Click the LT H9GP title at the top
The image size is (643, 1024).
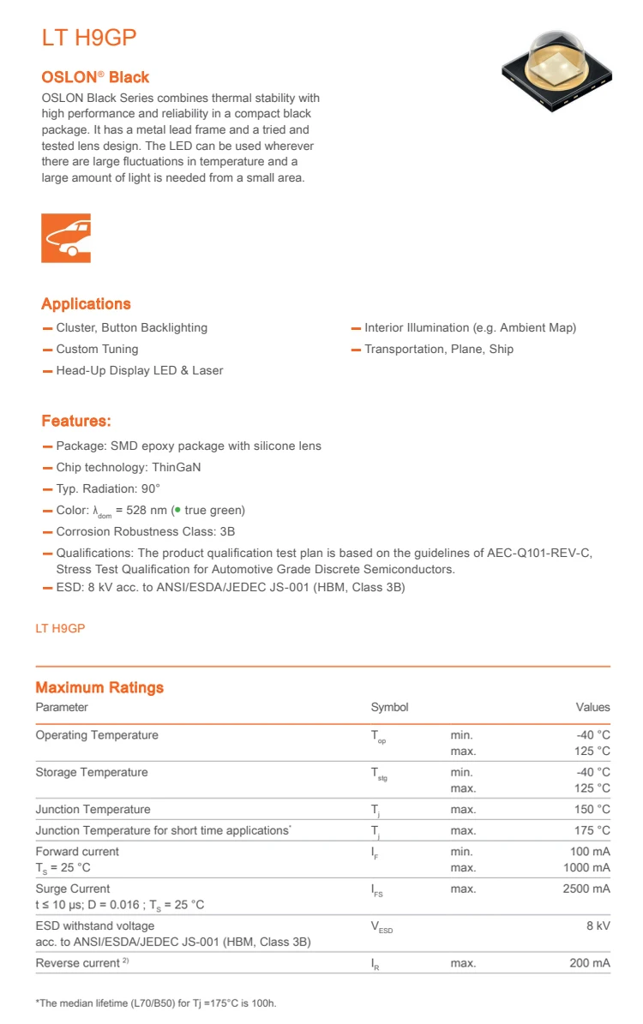point(89,39)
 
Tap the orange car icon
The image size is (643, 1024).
point(66,237)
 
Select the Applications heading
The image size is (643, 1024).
point(86,304)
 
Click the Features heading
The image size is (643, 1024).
point(76,421)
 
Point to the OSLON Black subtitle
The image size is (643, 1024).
point(95,77)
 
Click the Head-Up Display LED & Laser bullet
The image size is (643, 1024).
point(139,370)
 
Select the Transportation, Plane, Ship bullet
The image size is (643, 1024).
point(439,349)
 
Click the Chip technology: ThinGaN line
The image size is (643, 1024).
point(129,467)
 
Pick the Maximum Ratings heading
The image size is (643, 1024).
point(99,687)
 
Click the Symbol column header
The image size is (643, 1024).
point(389,707)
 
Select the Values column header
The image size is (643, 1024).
point(592,707)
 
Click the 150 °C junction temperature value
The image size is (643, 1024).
point(592,809)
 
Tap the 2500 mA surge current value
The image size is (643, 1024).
point(586,889)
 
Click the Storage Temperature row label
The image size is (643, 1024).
point(92,772)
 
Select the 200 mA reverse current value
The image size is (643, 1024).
point(590,963)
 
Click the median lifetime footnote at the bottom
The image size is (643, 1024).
point(156,1003)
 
